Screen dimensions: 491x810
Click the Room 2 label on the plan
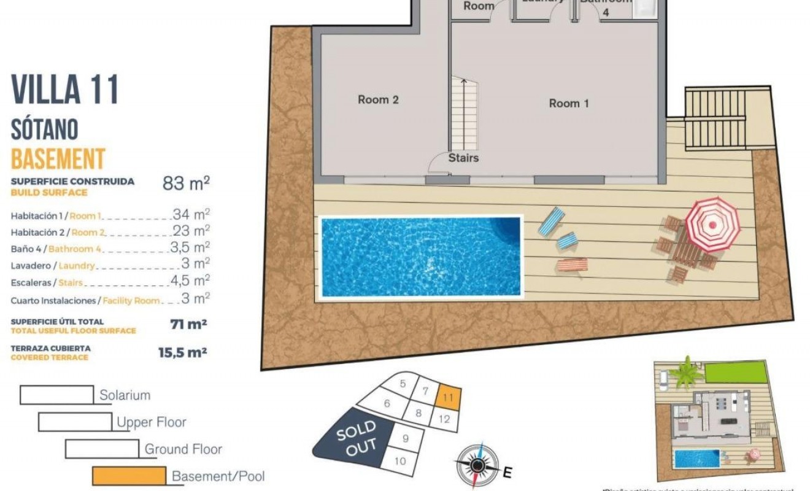coord(378,99)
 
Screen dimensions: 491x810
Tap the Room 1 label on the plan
coord(568,103)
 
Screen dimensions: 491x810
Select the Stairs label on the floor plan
coord(463,158)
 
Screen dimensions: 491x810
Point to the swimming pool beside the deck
coord(420,256)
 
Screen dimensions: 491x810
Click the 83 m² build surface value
coord(186,183)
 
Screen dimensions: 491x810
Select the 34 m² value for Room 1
coord(191,214)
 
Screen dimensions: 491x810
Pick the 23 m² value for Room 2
coord(191,231)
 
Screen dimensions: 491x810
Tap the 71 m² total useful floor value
coord(188,324)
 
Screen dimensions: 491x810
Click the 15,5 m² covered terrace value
coord(182,352)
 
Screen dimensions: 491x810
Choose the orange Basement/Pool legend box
coord(129,476)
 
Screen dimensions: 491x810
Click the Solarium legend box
coord(56,395)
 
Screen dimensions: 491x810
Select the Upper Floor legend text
coord(151,422)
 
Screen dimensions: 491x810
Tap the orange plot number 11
coord(448,397)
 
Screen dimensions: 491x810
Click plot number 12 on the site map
coord(445,419)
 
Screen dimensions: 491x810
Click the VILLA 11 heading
coord(64,90)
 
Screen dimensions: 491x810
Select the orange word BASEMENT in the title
coord(58,159)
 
